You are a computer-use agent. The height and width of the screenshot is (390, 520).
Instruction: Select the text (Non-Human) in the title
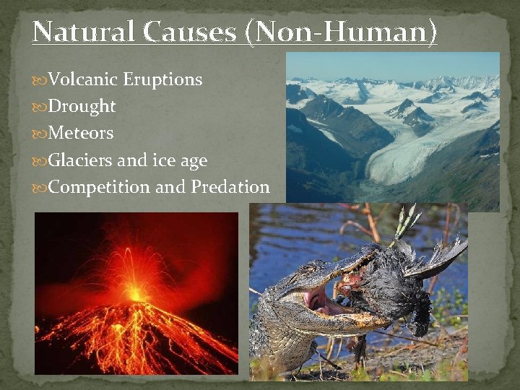(341, 31)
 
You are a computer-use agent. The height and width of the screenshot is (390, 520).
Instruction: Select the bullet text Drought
(82, 106)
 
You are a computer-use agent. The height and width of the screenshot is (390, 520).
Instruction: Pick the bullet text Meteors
(82, 133)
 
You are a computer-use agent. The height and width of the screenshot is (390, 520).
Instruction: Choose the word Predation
(230, 187)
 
